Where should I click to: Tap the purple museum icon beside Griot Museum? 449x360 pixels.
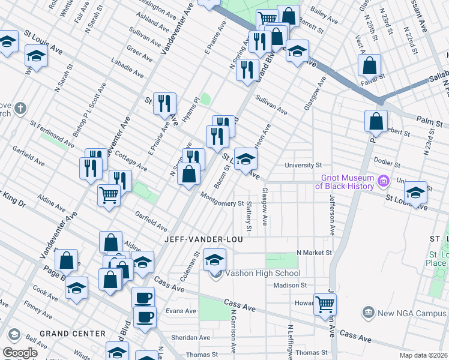(382, 179)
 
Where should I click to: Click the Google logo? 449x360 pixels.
(20, 353)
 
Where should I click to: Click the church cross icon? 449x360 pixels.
(20, 109)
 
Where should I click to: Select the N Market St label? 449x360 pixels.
(314, 253)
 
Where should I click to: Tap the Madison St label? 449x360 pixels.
(291, 285)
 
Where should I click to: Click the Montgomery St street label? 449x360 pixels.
(221, 203)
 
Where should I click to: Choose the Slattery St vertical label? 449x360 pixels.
(249, 217)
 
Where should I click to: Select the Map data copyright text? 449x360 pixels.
(424, 355)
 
